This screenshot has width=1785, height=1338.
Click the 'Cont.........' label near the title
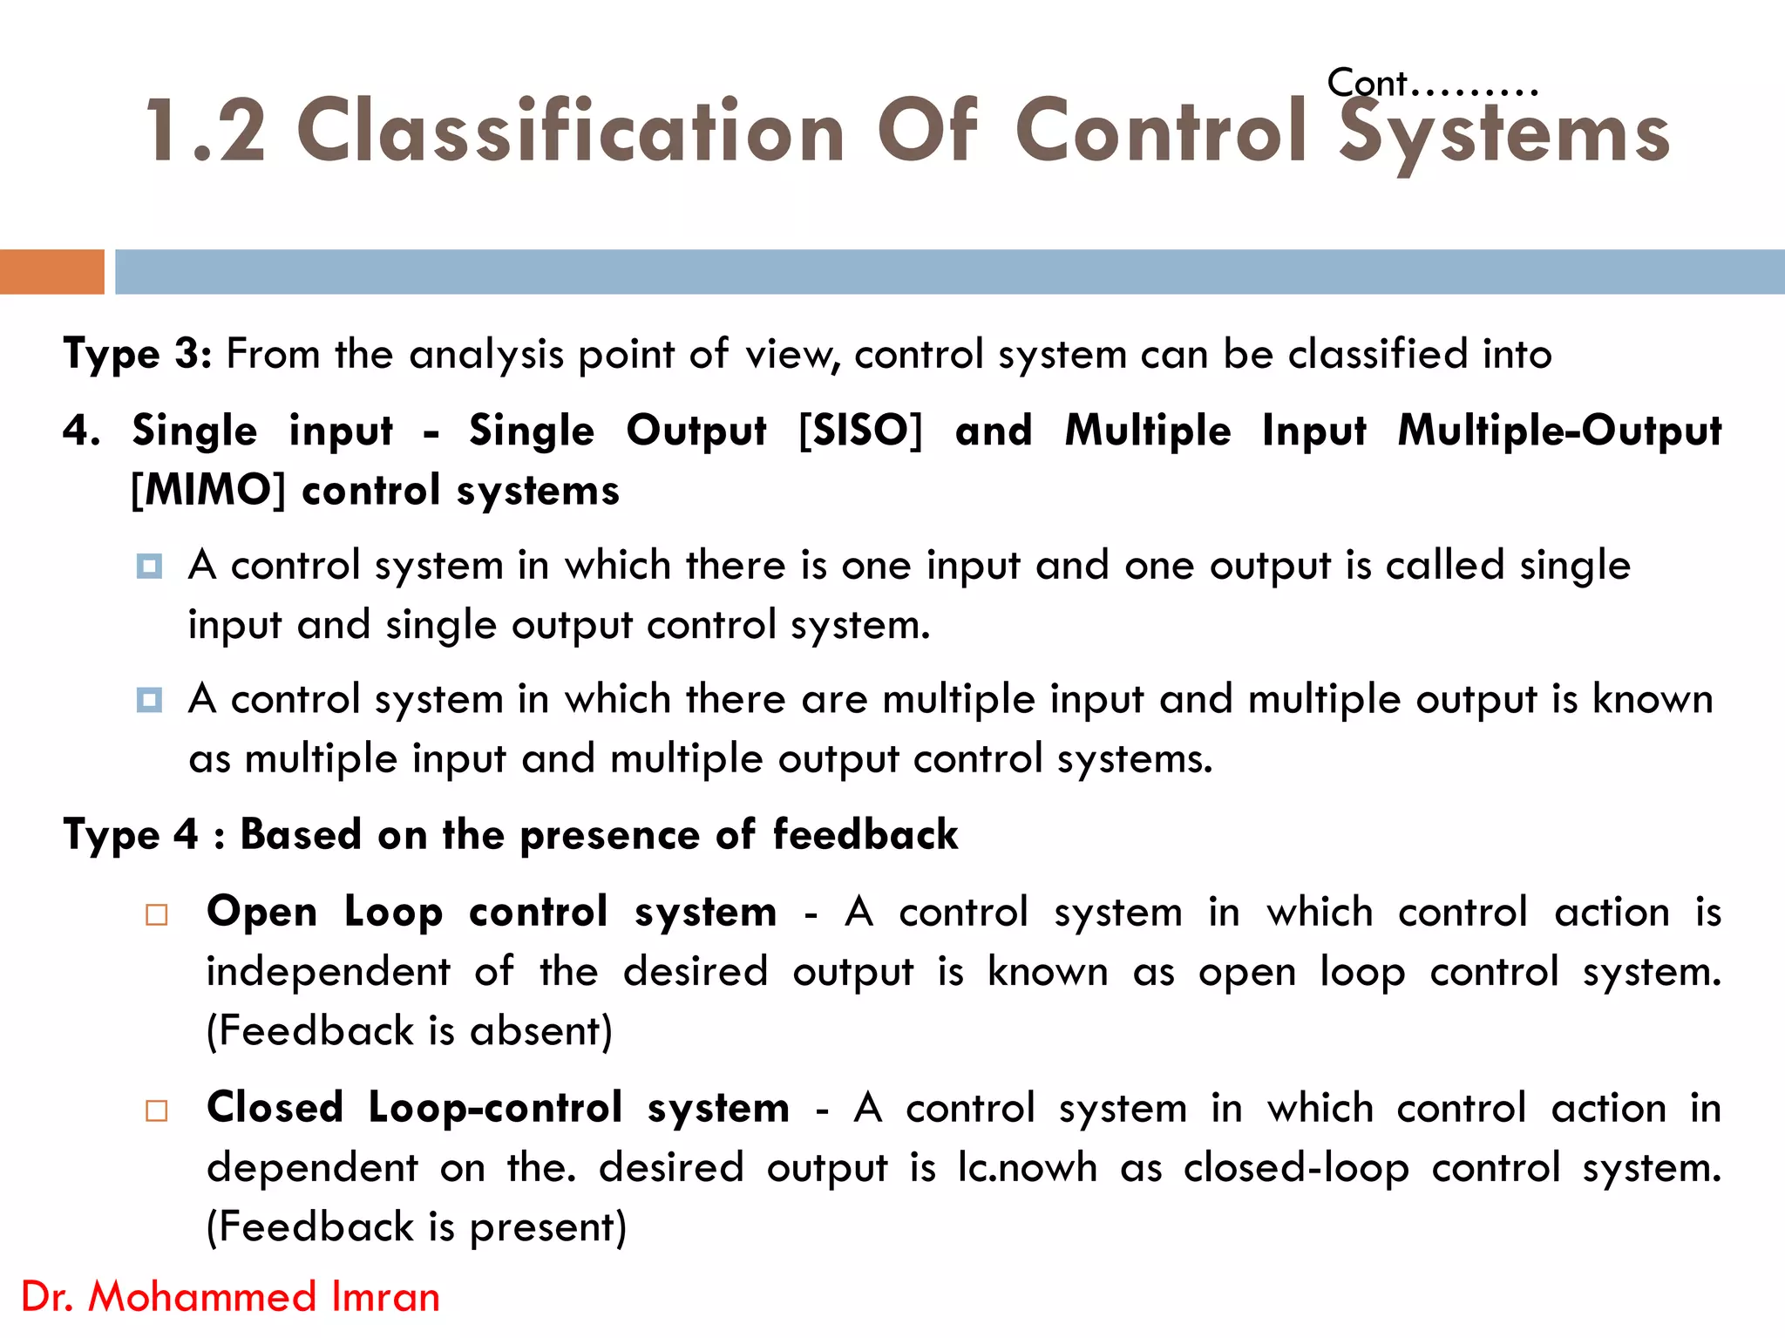point(1432,84)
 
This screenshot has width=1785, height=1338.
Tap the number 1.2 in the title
point(206,131)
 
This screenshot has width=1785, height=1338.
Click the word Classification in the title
point(571,131)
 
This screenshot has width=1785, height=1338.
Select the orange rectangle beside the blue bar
point(51,271)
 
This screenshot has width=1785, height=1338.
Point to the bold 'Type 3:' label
point(137,354)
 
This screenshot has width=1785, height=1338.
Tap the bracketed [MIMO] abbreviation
point(208,490)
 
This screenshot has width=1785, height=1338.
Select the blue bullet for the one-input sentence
point(149,567)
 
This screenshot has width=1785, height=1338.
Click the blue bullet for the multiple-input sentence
point(149,700)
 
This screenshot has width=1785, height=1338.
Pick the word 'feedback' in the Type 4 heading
point(865,834)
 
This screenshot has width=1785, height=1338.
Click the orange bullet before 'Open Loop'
point(157,914)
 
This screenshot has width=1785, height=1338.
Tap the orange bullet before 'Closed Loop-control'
point(157,1110)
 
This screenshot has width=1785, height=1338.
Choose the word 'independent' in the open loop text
point(329,971)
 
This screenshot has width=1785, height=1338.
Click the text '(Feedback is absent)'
point(410,1030)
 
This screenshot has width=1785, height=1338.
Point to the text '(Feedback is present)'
point(417,1226)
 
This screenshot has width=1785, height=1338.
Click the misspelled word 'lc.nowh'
point(1027,1167)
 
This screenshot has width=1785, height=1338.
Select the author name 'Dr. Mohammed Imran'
point(230,1296)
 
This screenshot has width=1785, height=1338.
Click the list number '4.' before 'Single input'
point(82,431)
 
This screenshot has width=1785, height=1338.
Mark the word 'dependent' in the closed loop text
point(312,1167)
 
